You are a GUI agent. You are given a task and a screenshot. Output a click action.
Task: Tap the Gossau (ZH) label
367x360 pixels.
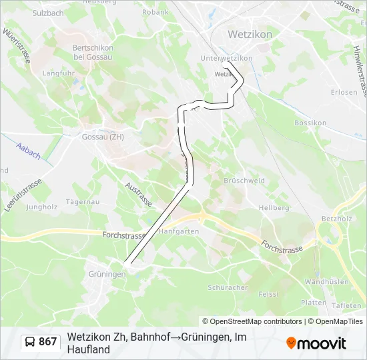pos(103,137)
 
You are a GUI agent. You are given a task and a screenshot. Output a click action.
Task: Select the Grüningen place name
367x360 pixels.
pos(107,274)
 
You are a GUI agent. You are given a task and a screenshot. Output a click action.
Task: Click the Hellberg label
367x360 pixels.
pos(274,208)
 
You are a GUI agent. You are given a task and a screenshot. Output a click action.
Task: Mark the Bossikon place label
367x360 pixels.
pos(310,123)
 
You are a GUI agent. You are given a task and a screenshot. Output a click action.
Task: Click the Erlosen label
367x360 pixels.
pos(344,92)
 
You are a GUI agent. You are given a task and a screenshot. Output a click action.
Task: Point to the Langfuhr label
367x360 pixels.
pos(58,73)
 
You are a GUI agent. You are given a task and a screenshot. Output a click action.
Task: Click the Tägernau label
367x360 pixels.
pos(83,201)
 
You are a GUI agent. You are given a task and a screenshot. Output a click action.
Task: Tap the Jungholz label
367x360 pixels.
pos(41,207)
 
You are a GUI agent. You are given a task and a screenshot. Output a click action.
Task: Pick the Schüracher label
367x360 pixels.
pos(228,288)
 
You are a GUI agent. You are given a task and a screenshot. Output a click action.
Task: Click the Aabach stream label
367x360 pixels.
pos(28,151)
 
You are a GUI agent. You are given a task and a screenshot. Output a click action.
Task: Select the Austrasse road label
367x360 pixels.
pos(139,193)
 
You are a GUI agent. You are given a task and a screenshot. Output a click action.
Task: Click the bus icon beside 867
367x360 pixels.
pos(31,342)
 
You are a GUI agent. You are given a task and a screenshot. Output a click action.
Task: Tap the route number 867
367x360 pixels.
pos(48,342)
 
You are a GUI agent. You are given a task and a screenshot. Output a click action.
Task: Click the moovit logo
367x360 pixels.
pos(316,343)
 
